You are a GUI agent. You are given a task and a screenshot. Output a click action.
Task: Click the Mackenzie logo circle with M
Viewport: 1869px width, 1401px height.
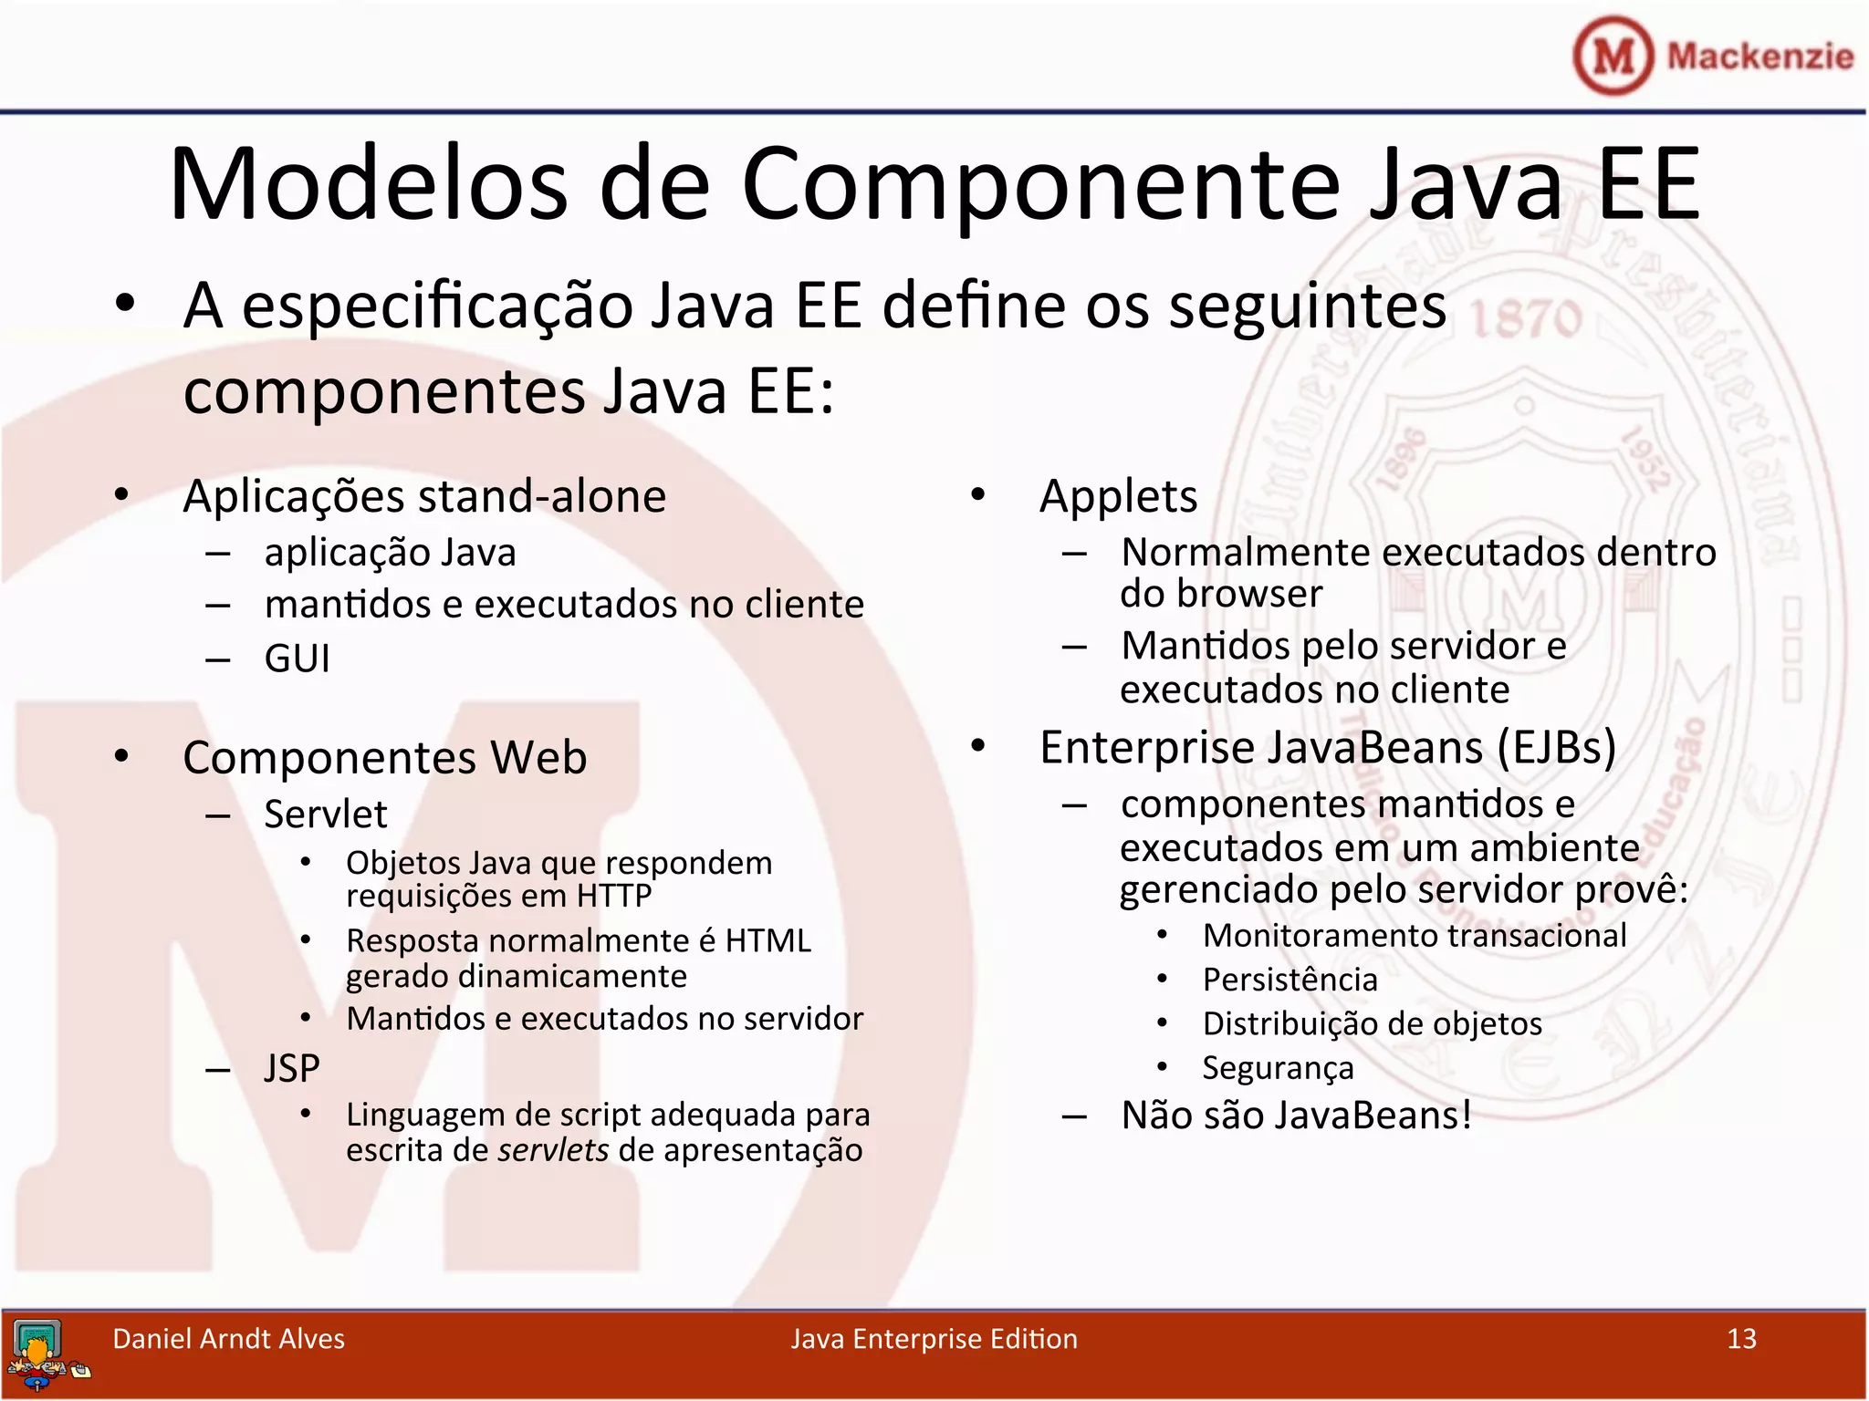1613,56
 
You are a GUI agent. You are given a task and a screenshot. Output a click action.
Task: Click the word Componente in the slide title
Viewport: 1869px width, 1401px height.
1040,184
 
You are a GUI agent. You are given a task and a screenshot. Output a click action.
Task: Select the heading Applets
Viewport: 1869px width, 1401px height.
1118,497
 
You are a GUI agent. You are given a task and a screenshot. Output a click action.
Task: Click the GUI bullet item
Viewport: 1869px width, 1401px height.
297,659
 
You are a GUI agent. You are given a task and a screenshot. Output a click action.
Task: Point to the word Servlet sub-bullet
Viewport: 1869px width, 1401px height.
326,814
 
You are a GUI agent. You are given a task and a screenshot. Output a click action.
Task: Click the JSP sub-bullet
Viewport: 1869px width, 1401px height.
292,1068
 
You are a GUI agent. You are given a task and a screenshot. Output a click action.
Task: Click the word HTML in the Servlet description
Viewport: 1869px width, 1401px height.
767,940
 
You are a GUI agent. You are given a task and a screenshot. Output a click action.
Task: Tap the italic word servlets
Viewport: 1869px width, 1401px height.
554,1150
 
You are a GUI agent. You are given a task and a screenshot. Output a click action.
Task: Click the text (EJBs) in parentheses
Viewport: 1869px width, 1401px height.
1556,748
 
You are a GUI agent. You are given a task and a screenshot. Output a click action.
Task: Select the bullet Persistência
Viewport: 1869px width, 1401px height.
1290,980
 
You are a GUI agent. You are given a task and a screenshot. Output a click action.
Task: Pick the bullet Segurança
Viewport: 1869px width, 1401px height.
1278,1068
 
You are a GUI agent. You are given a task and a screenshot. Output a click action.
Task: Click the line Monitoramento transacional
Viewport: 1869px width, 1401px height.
1414,936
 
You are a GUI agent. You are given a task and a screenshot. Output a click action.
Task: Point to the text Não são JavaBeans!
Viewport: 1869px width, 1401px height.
1296,1116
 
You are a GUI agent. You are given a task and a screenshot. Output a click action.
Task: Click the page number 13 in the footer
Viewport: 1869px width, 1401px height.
1741,1338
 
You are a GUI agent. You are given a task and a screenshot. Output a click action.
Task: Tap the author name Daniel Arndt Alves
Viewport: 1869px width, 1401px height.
228,1338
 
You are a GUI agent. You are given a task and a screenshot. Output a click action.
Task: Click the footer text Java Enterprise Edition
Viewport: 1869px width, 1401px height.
934,1338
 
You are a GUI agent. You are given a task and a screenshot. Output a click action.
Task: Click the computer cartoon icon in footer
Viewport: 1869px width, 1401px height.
41,1354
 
